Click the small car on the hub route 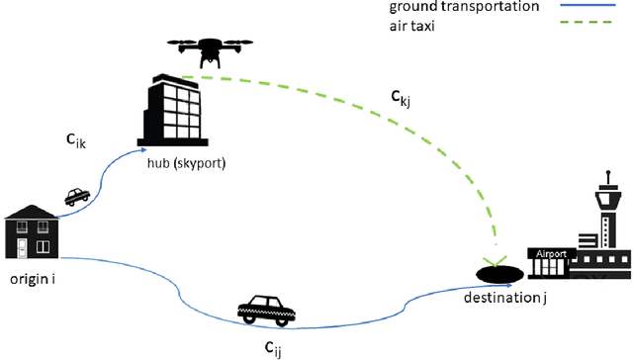tap(76, 197)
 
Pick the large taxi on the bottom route tap(266, 310)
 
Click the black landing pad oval tap(499, 272)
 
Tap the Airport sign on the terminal tap(550, 254)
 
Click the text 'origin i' tap(33, 279)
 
